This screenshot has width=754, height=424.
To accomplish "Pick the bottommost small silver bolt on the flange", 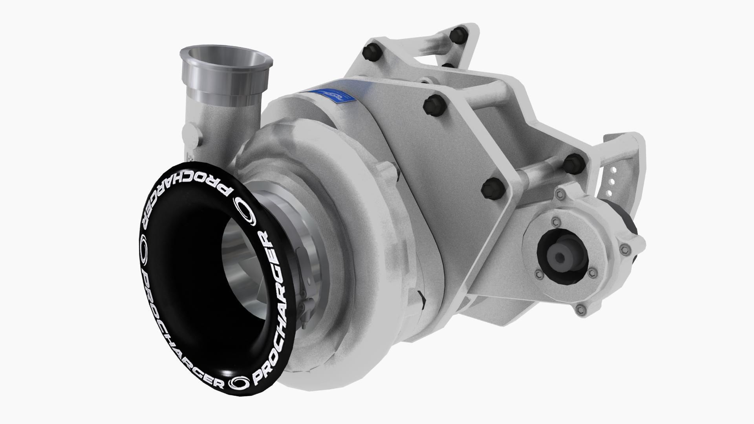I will (x=581, y=309).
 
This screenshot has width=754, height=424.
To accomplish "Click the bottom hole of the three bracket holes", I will (x=609, y=192).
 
